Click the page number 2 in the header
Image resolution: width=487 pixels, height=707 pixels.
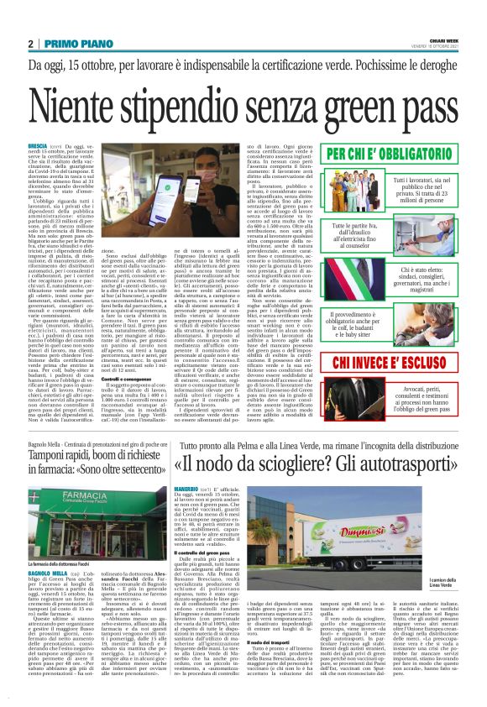click(x=30, y=45)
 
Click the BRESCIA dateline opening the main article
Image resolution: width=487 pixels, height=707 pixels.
click(x=39, y=145)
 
